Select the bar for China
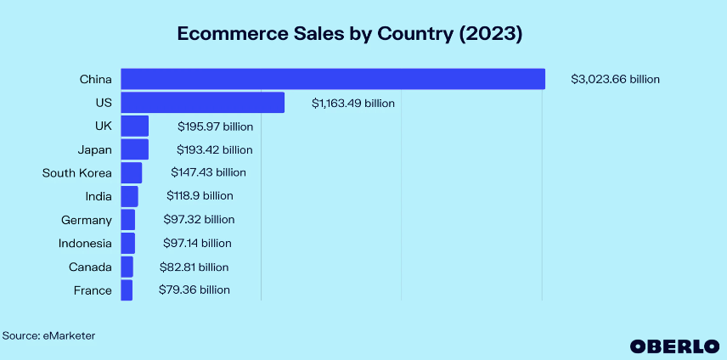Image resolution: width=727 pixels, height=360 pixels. point(332,79)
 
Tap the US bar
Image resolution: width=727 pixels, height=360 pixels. point(202,103)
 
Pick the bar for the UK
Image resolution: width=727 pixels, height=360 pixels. point(134,127)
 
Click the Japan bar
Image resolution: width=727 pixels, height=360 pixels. point(134,149)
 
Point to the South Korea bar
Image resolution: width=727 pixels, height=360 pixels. point(131,173)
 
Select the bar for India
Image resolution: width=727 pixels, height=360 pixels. point(129,196)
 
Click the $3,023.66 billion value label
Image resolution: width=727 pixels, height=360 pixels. point(615,80)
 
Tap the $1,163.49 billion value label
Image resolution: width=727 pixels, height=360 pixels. point(352,104)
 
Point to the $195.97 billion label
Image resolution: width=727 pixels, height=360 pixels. point(215,127)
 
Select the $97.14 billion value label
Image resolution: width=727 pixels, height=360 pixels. point(196,244)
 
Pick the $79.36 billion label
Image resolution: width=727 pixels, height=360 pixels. point(194,290)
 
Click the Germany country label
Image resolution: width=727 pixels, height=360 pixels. point(87,220)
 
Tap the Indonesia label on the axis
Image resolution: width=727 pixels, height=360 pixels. point(85,244)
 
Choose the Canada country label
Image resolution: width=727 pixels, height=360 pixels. point(90,267)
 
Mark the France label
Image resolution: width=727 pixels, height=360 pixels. point(93,290)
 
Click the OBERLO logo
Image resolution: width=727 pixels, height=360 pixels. point(671,346)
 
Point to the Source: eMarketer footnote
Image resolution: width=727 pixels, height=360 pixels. point(48,336)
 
